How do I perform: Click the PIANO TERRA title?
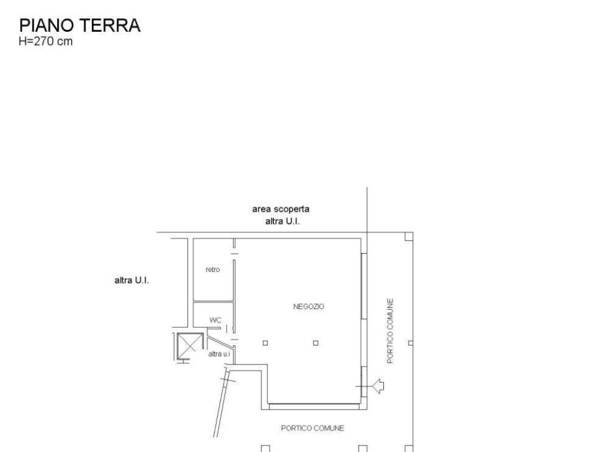[79, 25]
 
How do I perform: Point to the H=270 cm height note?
[46, 42]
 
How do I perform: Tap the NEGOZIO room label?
[309, 306]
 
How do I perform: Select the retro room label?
[213, 270]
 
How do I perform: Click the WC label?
[216, 320]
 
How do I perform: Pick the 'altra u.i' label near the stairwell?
[219, 354]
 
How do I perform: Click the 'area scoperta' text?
[281, 209]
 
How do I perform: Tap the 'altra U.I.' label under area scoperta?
[282, 221]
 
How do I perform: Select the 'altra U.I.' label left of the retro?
[131, 280]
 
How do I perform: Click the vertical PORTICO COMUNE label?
[390, 331]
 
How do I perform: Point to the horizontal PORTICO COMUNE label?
[312, 428]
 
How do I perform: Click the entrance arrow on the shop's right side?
[377, 386]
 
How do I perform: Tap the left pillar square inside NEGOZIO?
[265, 343]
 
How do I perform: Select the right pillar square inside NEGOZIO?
[316, 343]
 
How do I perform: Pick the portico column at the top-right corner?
[409, 236]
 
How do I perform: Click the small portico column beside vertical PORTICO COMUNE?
[410, 343]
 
